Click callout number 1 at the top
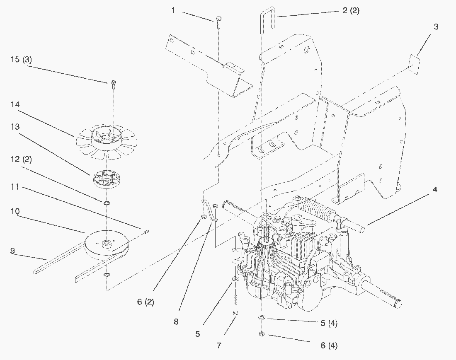[x=173, y=11]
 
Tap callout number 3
[x=436, y=27]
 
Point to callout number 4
[x=435, y=190]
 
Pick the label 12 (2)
[x=21, y=159]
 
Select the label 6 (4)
[x=329, y=345]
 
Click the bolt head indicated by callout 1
[x=218, y=19]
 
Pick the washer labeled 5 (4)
[x=262, y=317]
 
